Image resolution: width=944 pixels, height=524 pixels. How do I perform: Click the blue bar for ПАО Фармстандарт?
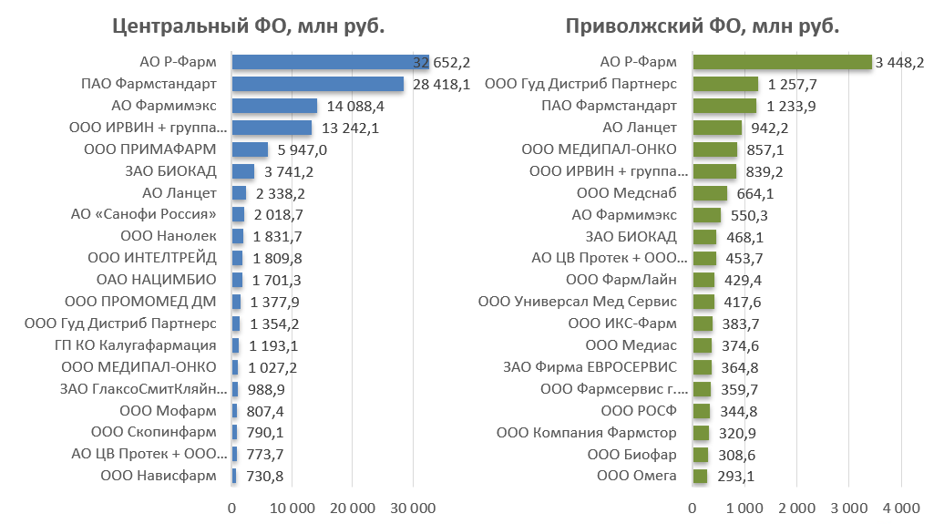tap(317, 84)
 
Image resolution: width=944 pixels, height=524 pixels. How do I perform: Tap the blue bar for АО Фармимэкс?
tap(274, 106)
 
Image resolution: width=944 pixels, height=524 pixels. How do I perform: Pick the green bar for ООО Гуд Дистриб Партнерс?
tap(725, 84)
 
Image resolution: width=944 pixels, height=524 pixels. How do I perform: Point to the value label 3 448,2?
tap(899, 63)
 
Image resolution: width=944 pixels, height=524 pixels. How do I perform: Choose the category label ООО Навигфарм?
tap(159, 476)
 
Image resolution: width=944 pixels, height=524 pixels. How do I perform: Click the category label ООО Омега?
tap(637, 476)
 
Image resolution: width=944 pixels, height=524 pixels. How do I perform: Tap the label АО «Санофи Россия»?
tap(144, 214)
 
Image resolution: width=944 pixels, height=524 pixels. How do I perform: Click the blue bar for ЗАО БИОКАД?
tap(243, 171)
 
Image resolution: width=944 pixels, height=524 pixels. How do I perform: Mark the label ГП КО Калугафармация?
tap(136, 345)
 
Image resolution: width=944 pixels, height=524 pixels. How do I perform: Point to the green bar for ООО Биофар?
tap(701, 454)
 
